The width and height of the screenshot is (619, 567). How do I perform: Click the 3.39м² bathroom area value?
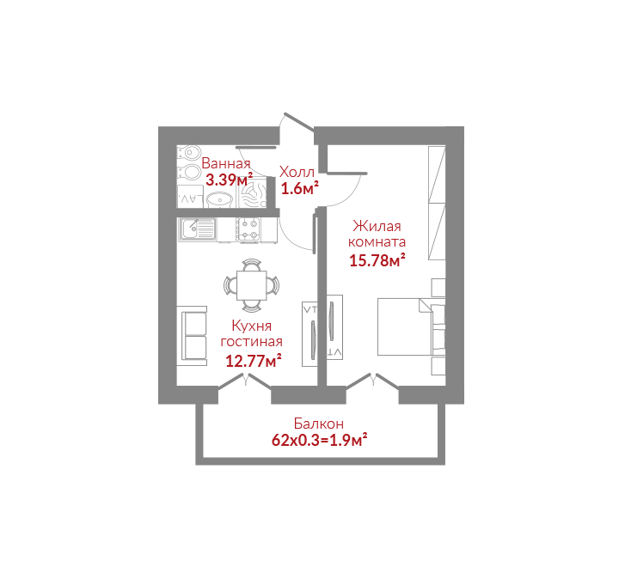coord(229,180)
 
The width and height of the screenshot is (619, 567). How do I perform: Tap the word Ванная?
coord(226,163)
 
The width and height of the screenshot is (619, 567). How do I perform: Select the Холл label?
coord(297,172)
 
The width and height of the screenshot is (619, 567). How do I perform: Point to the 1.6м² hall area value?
coord(300,189)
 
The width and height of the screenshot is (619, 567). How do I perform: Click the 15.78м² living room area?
coord(377,260)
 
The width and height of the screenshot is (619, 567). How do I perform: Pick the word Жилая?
coord(377,226)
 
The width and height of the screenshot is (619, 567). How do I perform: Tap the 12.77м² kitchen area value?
coord(254,361)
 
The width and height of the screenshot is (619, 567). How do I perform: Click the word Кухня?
coord(251,326)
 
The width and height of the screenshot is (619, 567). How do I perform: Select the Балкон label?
coord(319,424)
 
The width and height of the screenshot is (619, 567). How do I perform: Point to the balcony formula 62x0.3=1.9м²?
coord(320,441)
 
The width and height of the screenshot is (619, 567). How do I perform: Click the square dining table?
coord(251,285)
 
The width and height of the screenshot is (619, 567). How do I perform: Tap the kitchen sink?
coord(198,229)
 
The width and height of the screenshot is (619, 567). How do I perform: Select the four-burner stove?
coord(248,229)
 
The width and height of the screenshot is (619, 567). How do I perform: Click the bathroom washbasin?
coord(220,199)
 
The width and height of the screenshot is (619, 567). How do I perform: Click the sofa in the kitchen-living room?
coord(192,336)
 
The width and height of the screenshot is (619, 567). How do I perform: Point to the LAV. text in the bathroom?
coord(191,200)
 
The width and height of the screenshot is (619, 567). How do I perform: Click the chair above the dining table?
coord(251,265)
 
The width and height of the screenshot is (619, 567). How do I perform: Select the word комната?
coord(377,241)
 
